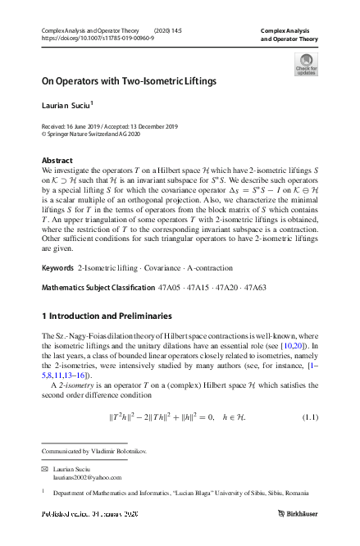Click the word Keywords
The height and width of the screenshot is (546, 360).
(x=57, y=269)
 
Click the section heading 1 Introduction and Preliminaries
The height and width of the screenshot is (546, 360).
(x=107, y=316)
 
